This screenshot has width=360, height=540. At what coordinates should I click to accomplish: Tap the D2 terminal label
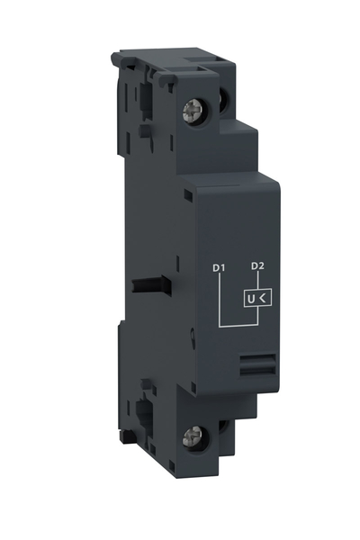pos(256,265)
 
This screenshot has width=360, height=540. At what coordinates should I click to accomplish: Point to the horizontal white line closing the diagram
pos(237,327)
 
